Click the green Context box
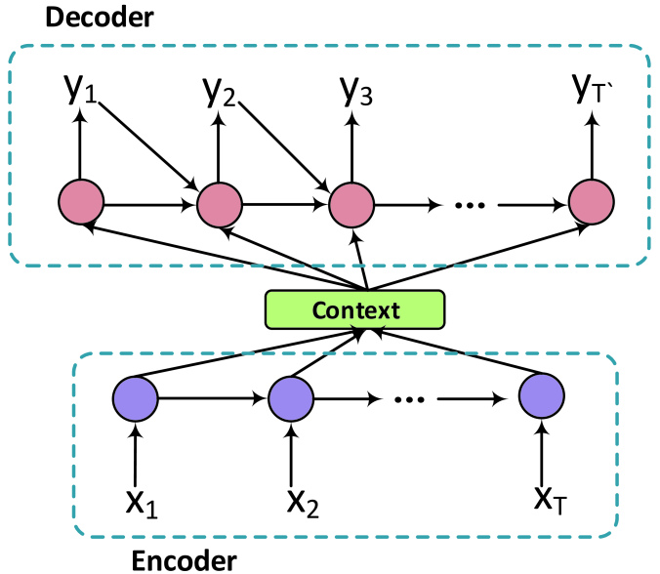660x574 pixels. [354, 309]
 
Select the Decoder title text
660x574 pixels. [100, 18]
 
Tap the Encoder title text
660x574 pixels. [184, 560]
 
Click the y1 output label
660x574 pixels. [80, 89]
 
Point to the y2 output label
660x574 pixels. [220, 92]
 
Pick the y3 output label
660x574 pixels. [356, 91]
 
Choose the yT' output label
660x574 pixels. [593, 88]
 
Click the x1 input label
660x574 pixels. [142, 503]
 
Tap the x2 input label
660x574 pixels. [303, 503]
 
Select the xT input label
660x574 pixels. [550, 501]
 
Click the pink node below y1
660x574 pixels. [81, 201]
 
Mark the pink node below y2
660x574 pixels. [220, 205]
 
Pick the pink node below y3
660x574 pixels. [351, 205]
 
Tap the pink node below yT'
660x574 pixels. [592, 201]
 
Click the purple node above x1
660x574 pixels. [135, 398]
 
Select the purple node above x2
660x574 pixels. [291, 398]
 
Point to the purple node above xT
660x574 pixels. [541, 396]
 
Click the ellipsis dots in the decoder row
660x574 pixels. [471, 205]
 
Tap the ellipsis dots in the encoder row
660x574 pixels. [409, 399]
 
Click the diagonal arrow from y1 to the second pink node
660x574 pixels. [148, 146]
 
